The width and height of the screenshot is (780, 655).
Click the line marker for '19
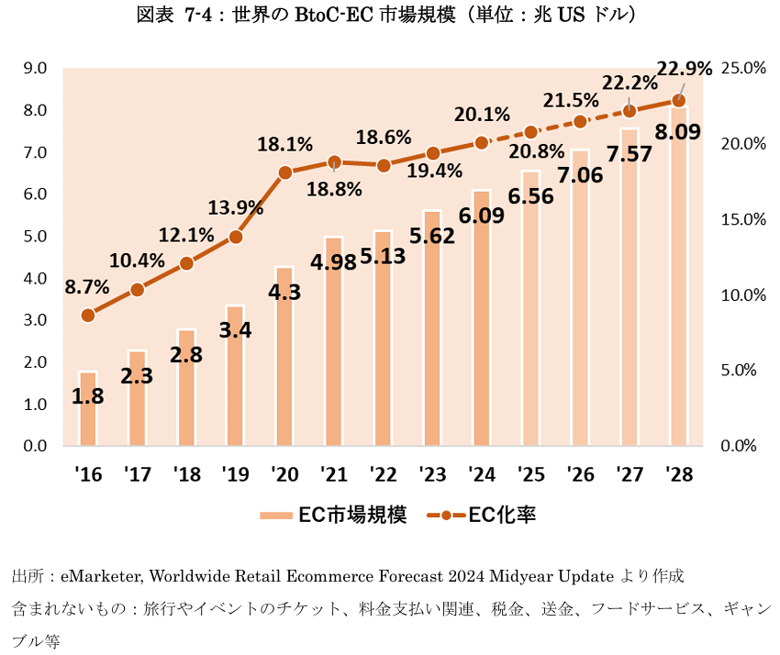pos(236,237)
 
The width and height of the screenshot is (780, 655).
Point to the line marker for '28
pos(679,101)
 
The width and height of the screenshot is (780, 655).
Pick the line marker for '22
pos(384,165)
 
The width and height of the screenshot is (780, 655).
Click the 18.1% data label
pos(284,145)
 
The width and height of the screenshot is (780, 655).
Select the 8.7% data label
pos(87,286)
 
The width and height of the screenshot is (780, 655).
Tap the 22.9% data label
pos(685,68)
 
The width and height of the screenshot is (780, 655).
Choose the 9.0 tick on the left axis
pos(36,68)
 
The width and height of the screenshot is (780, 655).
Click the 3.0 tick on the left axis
pos(36,320)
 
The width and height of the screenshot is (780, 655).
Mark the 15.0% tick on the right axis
pos(739,219)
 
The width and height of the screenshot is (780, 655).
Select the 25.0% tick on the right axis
pos(739,68)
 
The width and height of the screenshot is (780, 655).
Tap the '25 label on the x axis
pos(531,474)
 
